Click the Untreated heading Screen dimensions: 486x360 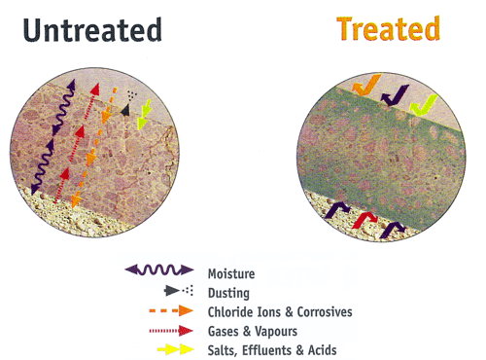pos(92,30)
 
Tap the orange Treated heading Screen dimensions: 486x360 pos(389,28)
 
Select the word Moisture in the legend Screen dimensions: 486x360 pos(231,273)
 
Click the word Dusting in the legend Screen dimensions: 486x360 pos(228,293)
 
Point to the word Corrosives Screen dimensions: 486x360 pos(325,312)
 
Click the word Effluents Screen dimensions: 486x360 pos(267,350)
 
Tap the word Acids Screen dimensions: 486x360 pos(323,350)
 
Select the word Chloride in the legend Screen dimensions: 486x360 pos(230,312)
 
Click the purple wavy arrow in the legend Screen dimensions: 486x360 pos(159,270)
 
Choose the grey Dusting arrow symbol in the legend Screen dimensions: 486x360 pos(179,290)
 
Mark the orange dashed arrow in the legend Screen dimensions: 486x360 pos(171,310)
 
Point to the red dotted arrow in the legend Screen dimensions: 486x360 pos(171,331)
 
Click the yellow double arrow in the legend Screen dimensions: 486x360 pos(176,349)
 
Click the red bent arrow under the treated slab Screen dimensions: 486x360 pos(364,219)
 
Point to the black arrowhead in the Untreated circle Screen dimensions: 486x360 pos(125,110)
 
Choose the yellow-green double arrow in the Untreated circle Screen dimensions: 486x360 pos(144,114)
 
